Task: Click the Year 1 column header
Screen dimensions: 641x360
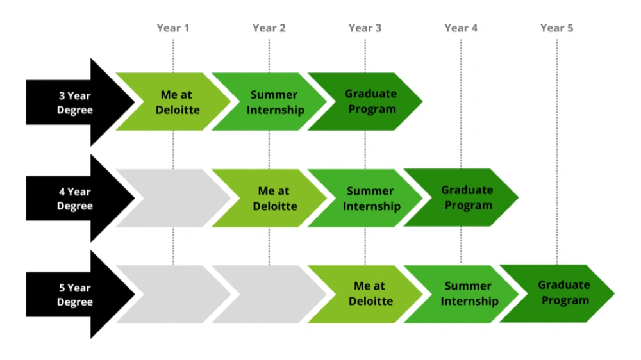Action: pyautogui.click(x=173, y=28)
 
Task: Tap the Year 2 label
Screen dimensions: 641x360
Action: pyautogui.click(x=269, y=28)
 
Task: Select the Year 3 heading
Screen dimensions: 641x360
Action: pyautogui.click(x=365, y=28)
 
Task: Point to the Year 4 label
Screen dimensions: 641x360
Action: pyautogui.click(x=461, y=28)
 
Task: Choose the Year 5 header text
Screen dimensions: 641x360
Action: pyautogui.click(x=557, y=28)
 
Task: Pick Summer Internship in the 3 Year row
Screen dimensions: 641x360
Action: pyautogui.click(x=276, y=102)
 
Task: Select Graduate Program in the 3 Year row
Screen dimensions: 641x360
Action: pyautogui.click(x=372, y=102)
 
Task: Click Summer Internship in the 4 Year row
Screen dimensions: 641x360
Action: pyautogui.click(x=372, y=198)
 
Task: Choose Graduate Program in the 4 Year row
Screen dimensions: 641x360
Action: pyautogui.click(x=468, y=197)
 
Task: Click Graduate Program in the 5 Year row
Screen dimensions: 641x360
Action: pyautogui.click(x=564, y=293)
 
